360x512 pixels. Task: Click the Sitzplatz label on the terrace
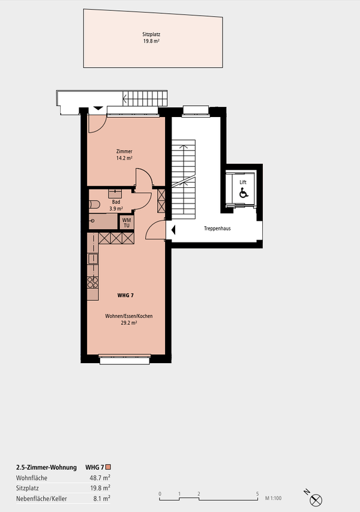click(151, 34)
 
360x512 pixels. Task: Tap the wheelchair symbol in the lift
click(244, 193)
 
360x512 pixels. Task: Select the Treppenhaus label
click(217, 229)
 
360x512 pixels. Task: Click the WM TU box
click(127, 223)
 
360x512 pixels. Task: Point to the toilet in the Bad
click(94, 205)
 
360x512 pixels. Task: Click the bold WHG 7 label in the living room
click(125, 295)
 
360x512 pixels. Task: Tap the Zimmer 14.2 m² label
click(124, 155)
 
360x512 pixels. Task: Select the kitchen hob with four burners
click(92, 282)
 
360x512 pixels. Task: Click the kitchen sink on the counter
click(92, 258)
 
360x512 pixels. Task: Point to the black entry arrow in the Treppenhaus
click(173, 230)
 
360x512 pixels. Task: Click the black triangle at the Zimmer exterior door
click(98, 108)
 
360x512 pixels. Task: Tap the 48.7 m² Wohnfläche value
click(100, 478)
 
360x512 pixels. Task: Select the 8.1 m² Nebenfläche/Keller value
click(101, 499)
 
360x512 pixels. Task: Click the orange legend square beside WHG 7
click(109, 467)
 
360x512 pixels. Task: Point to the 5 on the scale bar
click(257, 494)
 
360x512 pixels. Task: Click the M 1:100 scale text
click(273, 498)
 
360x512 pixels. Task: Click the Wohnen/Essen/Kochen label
click(128, 316)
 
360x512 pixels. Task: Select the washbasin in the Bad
click(115, 193)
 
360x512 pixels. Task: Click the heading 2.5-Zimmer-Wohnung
click(46, 467)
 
